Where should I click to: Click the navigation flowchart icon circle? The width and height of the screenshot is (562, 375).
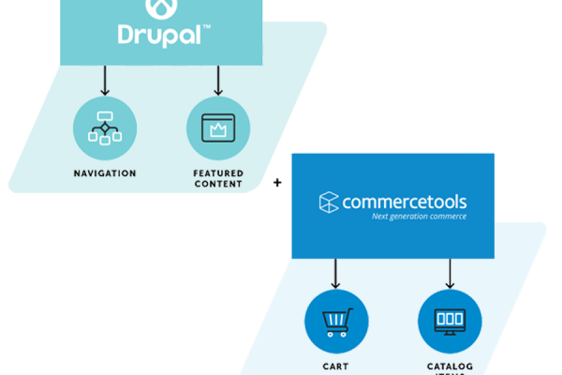pos(105,128)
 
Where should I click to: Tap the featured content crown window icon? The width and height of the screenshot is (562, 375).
pos(218,128)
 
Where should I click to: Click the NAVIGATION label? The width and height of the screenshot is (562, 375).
pos(105,173)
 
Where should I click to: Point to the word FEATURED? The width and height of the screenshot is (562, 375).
pos(218,173)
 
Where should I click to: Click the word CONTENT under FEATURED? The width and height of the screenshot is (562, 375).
pos(218,184)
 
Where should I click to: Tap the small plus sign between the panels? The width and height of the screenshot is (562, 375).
pos(277,182)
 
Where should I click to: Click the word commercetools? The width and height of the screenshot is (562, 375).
pos(404,202)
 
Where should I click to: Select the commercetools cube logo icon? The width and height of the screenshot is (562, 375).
pos(328,202)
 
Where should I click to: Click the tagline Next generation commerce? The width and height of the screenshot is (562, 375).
pos(419,217)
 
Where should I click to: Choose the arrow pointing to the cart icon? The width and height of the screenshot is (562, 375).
pos(336,273)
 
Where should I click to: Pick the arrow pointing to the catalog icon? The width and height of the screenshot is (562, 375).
pos(450,273)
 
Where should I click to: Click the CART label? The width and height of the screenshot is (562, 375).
pos(337,366)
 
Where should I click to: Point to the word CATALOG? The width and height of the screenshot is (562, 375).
pos(450,366)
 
